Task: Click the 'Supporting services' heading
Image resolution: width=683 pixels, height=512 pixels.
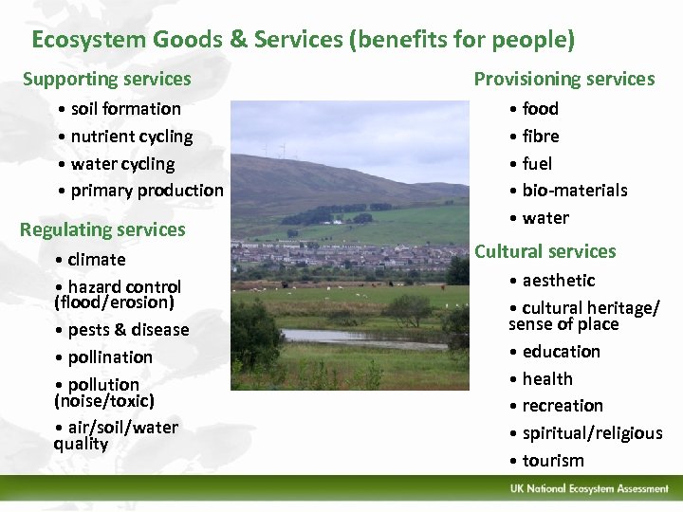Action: (x=106, y=80)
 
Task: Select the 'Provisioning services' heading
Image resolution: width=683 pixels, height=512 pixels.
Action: (x=564, y=80)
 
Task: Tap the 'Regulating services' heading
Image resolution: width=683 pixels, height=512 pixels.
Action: (x=102, y=229)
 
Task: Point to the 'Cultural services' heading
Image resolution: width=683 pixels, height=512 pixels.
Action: (x=545, y=251)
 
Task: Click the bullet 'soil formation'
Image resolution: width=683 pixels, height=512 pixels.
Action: (x=125, y=109)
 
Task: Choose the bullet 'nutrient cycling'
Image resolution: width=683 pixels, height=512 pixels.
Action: (x=131, y=137)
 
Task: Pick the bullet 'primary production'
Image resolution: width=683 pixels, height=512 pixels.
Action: (x=146, y=191)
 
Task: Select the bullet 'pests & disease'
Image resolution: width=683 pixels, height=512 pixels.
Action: (x=128, y=330)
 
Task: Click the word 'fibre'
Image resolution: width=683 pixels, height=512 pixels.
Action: (x=541, y=137)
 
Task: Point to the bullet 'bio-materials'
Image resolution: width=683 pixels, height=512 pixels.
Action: (x=574, y=191)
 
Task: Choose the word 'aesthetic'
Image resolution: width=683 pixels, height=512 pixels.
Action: (x=559, y=281)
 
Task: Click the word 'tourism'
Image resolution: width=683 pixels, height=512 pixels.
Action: (x=553, y=461)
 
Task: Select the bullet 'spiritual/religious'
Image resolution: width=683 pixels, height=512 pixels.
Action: (x=592, y=433)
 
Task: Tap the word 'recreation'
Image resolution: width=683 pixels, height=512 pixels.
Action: (x=563, y=406)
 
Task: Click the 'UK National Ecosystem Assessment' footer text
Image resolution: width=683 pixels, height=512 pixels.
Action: (x=588, y=489)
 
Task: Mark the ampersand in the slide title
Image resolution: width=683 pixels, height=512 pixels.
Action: (x=237, y=40)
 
